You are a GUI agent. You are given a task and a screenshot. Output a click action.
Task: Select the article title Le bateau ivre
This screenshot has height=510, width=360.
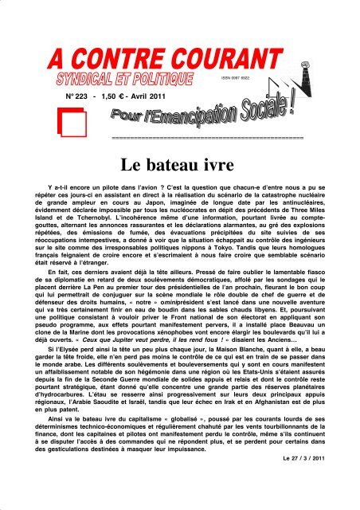click(x=179, y=166)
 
